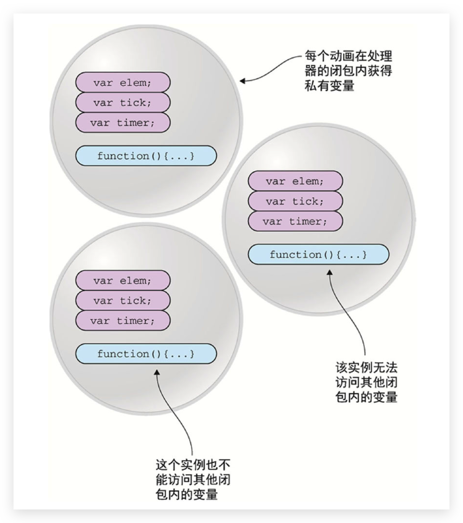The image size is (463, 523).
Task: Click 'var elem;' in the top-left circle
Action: (123, 82)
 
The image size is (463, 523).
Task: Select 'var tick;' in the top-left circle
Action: (123, 102)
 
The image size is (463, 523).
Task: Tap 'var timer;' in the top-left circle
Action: (123, 122)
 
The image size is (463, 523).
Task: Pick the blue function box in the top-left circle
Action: (146, 156)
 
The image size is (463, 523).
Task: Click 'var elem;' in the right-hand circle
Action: (295, 181)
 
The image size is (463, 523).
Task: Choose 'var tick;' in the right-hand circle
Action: (295, 201)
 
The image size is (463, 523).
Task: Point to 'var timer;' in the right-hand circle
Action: (295, 221)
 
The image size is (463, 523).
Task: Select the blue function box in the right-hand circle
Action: (318, 254)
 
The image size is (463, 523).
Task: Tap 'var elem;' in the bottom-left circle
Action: (123, 280)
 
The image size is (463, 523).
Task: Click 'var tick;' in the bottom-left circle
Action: (123, 300)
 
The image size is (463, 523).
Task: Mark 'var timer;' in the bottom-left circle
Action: (123, 320)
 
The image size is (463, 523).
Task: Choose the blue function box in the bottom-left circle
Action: (146, 354)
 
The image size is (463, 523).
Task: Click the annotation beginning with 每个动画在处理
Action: (348, 71)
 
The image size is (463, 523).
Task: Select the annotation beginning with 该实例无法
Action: (366, 382)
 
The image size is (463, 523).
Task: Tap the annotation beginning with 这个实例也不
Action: (193, 480)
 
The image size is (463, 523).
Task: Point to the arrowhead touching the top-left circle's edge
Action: (242, 81)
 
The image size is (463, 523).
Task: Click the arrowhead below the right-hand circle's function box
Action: (330, 272)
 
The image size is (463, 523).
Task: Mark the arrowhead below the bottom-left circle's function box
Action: (157, 372)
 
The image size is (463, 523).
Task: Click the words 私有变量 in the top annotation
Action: (330, 86)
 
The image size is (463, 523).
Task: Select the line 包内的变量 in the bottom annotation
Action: (187, 495)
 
